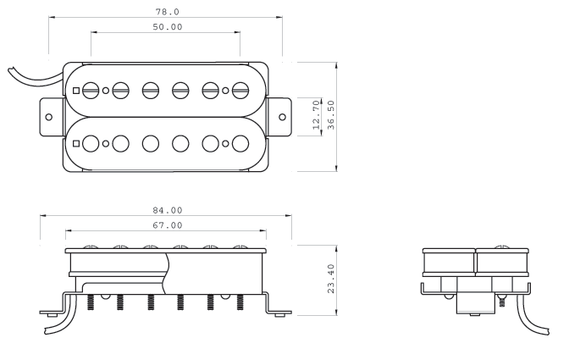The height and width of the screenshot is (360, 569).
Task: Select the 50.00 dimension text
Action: [165, 28]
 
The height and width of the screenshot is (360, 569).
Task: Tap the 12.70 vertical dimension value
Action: [316, 114]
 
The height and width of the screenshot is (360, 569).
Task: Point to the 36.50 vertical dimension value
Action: [331, 114]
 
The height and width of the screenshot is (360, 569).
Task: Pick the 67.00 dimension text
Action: [166, 225]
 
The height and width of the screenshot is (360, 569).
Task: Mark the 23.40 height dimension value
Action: [331, 277]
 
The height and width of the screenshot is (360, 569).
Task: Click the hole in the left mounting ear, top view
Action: [48, 115]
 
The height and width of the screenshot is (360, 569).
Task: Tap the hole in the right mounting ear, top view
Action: [283, 115]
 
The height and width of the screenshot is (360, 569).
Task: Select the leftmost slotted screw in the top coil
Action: [91, 89]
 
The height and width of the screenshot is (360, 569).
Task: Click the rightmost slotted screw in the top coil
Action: [240, 89]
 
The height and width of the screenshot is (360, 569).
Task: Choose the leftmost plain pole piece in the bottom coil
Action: [91, 143]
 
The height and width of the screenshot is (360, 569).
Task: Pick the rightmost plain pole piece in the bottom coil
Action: [240, 143]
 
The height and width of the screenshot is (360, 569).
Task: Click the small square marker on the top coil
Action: [76, 90]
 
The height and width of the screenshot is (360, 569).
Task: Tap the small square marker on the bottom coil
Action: [76, 143]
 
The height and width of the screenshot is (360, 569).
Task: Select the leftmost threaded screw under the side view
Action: [89, 302]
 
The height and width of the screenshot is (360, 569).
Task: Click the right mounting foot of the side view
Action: [279, 313]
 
